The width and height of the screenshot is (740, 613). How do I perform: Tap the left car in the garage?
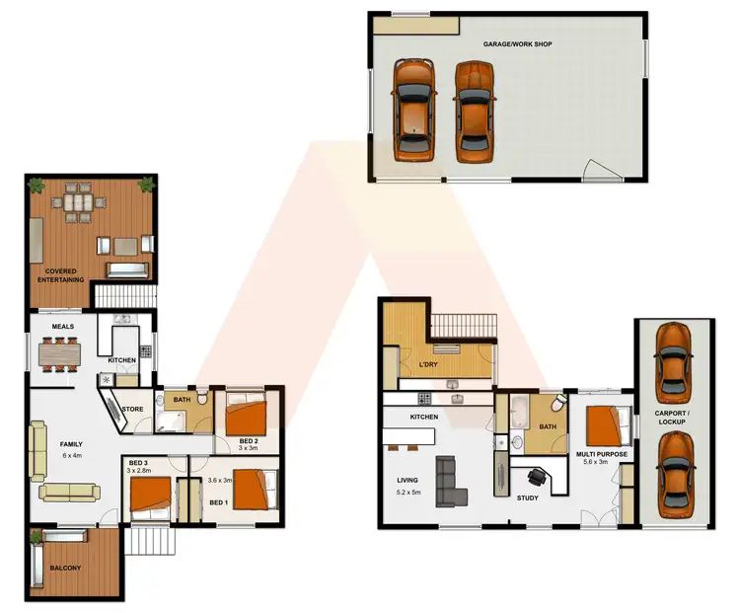pyautogui.click(x=413, y=109)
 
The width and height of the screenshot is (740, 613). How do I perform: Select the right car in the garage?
pyautogui.click(x=474, y=109)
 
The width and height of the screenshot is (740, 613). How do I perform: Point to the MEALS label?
pyautogui.click(x=49, y=327)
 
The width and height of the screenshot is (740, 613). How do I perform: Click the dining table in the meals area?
pyautogui.click(x=62, y=352)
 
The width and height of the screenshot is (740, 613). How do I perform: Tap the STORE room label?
pyautogui.click(x=133, y=408)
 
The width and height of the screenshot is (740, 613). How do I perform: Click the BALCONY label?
pyautogui.click(x=66, y=568)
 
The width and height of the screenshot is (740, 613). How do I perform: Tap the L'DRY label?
pyautogui.click(x=428, y=365)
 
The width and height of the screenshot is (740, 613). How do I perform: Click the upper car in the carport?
pyautogui.click(x=672, y=356)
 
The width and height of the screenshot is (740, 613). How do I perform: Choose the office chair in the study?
pyautogui.click(x=537, y=477)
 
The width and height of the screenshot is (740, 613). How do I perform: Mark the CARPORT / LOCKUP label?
pyautogui.click(x=672, y=418)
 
